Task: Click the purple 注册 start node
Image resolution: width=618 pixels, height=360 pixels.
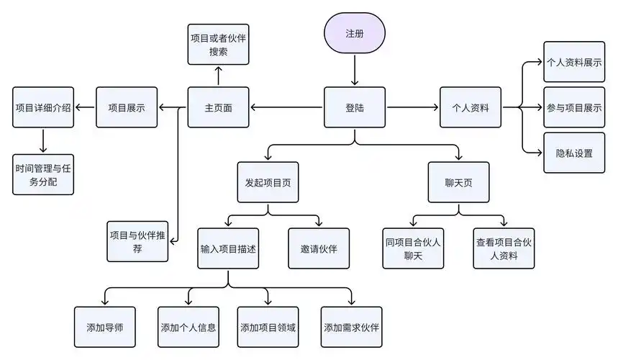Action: (354, 34)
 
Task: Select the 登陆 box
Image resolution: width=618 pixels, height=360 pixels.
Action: (354, 108)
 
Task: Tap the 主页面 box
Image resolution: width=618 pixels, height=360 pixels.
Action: (218, 108)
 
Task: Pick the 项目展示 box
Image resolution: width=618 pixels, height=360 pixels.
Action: (127, 108)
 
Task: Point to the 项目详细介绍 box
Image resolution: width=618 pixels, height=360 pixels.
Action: (43, 108)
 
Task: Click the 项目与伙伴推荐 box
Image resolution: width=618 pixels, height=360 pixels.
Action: (137, 241)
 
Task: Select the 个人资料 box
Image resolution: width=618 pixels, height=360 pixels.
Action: (471, 108)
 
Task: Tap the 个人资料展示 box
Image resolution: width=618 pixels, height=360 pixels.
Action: (574, 63)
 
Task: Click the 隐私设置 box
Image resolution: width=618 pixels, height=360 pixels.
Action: (574, 153)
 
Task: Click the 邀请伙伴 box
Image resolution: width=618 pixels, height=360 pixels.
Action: (319, 248)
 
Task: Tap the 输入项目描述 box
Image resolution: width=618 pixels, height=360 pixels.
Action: (229, 248)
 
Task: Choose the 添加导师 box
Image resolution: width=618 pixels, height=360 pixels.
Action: (104, 327)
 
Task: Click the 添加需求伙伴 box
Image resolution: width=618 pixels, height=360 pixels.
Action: (351, 327)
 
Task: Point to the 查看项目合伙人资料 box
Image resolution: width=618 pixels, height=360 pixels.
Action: (504, 248)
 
